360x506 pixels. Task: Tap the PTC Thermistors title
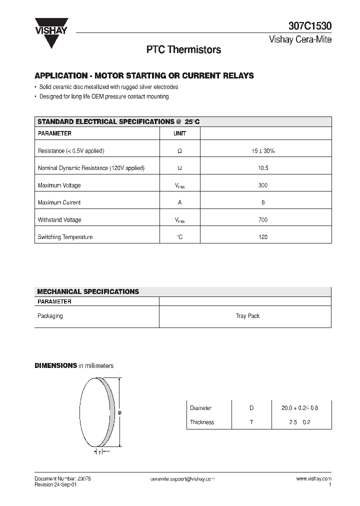coord(183,50)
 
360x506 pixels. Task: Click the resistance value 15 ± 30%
coord(263,150)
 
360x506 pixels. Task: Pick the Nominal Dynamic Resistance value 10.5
coord(263,168)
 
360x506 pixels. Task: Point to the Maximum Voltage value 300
coord(263,185)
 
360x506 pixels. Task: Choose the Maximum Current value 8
coord(263,202)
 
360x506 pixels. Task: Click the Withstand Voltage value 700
coord(263,219)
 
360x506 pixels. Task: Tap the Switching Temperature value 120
coord(263,237)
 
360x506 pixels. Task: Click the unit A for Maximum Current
coord(179,202)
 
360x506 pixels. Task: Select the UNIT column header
coord(179,133)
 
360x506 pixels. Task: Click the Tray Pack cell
coord(247,316)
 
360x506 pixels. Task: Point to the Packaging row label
coord(50,316)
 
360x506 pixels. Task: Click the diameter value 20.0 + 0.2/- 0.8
coord(300,408)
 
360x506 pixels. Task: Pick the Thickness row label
coord(202,422)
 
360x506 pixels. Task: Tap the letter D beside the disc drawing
coord(120,412)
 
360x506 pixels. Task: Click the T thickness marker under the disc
coord(100,452)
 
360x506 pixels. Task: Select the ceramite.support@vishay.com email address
coord(182,478)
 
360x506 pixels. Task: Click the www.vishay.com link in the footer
coord(313,478)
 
